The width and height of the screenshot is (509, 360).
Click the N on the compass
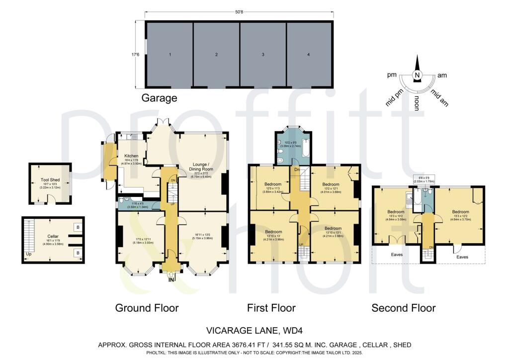418,75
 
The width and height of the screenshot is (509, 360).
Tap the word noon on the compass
418,102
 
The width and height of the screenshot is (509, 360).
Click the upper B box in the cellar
77,227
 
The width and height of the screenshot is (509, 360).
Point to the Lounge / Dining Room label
202,166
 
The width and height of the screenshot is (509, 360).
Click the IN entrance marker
171,280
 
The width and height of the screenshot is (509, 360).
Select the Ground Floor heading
147,308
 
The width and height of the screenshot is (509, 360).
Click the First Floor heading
271,308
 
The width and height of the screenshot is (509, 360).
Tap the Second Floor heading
404,308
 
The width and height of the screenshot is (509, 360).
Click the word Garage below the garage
160,98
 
